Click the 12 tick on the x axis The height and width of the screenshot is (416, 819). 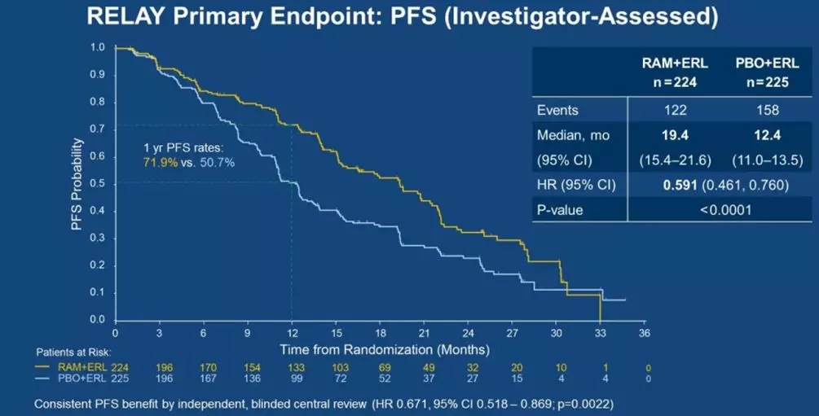[292, 333]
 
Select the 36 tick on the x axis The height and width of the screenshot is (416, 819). [644, 333]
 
